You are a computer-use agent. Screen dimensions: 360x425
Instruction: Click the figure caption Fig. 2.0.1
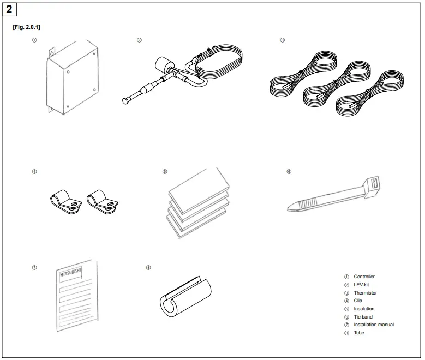26,27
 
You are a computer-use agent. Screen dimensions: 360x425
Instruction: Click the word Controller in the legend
364,277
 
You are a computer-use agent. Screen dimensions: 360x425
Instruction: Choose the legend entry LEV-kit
361,285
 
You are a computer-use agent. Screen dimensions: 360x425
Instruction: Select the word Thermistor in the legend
365,293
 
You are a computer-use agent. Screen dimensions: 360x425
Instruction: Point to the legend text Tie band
363,317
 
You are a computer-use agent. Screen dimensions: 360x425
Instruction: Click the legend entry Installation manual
373,325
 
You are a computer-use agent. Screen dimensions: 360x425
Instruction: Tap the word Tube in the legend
358,333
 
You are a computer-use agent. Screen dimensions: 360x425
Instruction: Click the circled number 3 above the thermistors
282,40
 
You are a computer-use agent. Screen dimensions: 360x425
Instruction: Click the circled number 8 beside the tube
148,268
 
